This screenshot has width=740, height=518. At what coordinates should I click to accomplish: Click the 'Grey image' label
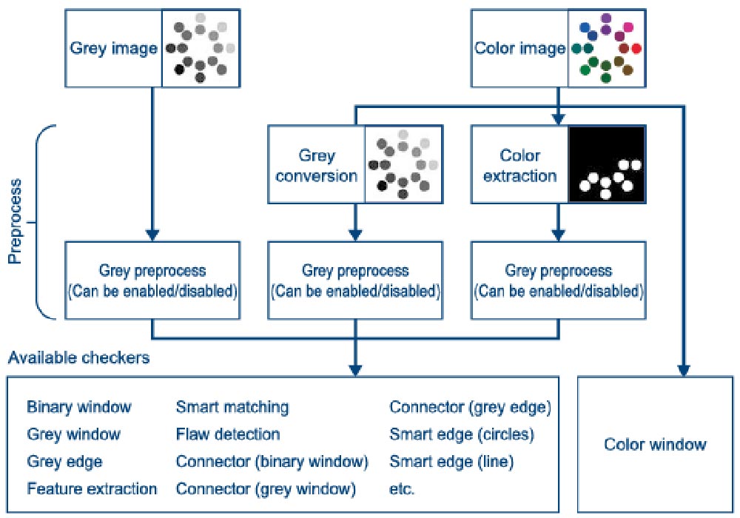(113, 48)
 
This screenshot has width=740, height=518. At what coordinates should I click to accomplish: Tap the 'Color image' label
(519, 48)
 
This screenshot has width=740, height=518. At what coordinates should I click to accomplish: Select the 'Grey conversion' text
(317, 165)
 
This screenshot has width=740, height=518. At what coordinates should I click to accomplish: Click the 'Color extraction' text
(519, 165)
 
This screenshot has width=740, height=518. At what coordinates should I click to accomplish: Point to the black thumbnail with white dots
(607, 164)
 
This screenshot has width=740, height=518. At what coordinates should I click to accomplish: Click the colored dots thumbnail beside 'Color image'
(607, 48)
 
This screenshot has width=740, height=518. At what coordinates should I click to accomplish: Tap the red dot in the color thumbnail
(636, 48)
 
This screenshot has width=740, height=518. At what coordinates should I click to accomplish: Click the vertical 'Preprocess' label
(15, 221)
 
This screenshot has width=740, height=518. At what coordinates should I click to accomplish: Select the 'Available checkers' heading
(79, 357)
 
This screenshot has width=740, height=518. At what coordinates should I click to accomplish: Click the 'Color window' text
(655, 444)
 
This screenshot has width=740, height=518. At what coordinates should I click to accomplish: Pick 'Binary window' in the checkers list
(79, 407)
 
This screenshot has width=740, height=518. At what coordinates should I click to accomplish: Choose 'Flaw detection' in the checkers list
(228, 434)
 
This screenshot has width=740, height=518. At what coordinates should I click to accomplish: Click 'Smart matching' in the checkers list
(232, 407)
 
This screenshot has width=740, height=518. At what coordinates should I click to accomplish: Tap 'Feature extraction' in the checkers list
(92, 488)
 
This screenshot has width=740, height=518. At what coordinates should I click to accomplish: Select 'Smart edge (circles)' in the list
(462, 434)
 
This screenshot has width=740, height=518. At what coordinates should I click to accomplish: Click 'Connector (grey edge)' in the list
(470, 408)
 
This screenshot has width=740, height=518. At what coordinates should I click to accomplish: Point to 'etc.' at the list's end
(402, 489)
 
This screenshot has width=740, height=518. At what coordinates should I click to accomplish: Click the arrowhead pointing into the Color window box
(684, 371)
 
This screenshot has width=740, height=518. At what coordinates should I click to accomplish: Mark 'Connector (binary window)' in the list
(272, 462)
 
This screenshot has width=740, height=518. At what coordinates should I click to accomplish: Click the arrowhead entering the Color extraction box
(558, 120)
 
